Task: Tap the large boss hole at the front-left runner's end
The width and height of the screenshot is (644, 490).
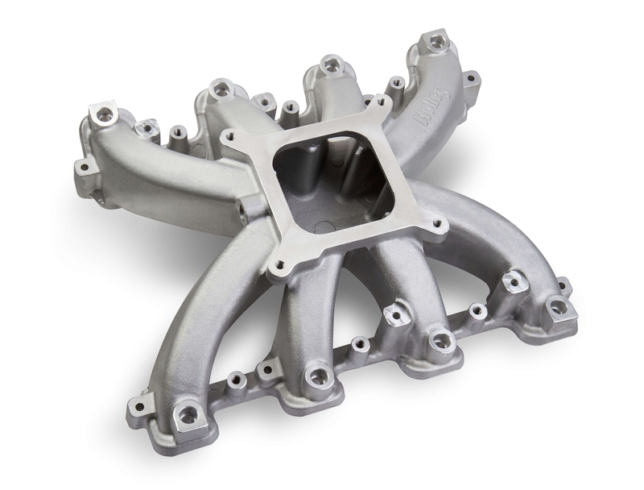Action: click(x=187, y=414)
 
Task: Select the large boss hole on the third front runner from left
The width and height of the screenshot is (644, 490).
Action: click(x=440, y=339)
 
